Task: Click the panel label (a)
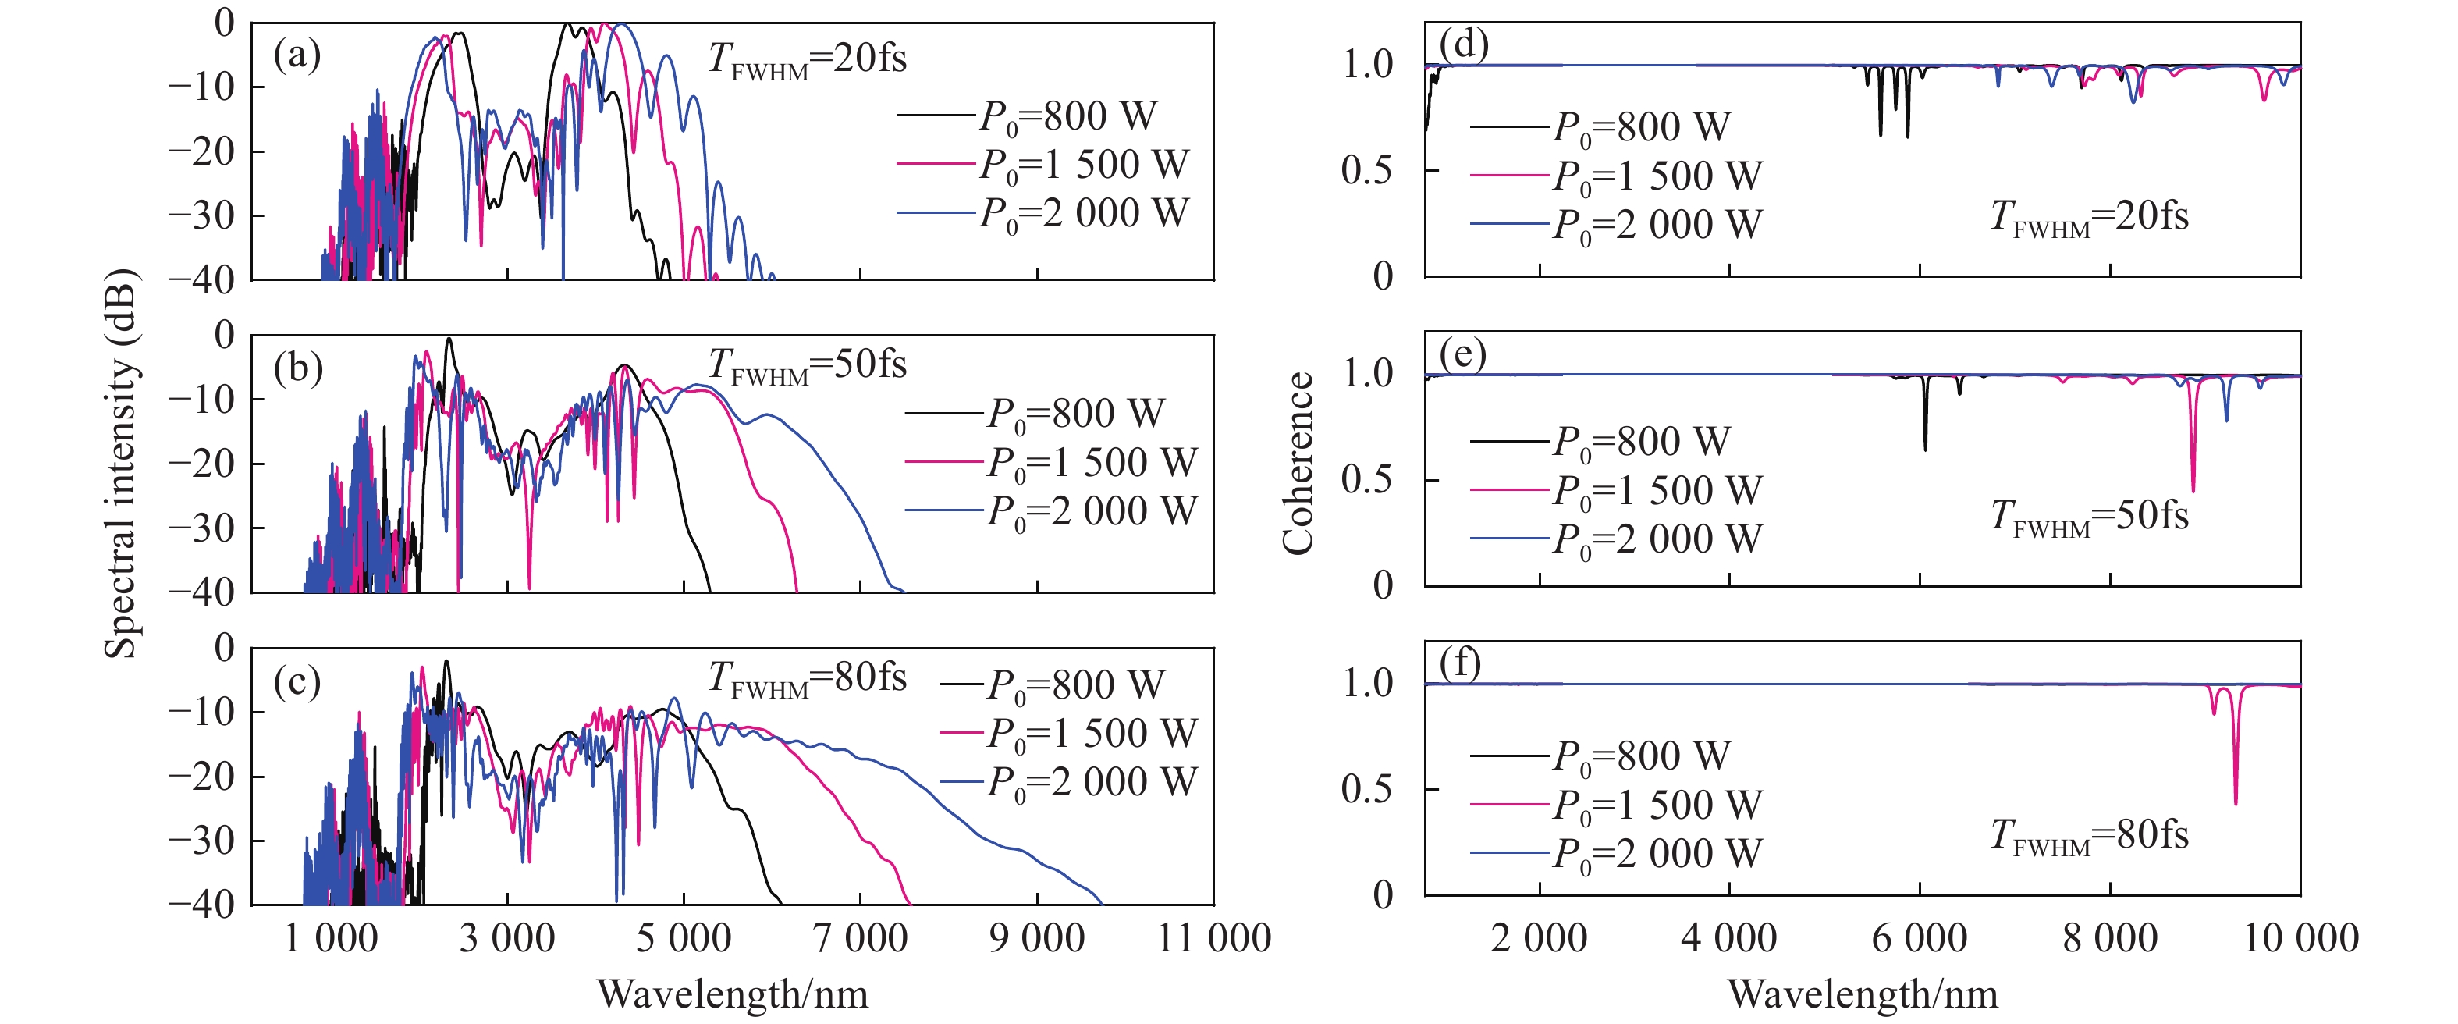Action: click(x=297, y=55)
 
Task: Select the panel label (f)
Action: click(x=1460, y=663)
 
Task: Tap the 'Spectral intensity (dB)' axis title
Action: click(x=121, y=464)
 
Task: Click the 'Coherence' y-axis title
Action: click(x=1298, y=464)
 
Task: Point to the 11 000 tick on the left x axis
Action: click(x=1213, y=939)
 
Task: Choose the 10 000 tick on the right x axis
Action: click(x=2300, y=939)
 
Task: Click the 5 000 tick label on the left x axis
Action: click(x=684, y=939)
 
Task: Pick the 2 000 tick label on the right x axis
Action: click(x=1538, y=939)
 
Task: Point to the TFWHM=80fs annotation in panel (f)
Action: click(x=2089, y=836)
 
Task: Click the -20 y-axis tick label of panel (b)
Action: click(x=201, y=464)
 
